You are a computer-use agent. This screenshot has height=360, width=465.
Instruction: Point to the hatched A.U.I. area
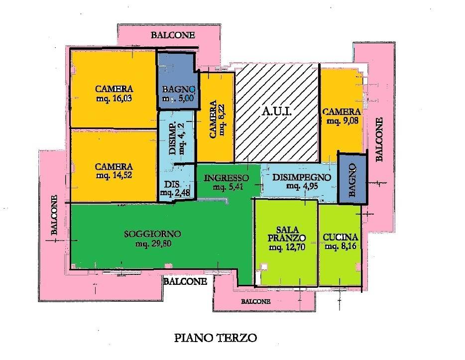277,113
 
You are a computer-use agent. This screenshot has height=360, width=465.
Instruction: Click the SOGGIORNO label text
152,234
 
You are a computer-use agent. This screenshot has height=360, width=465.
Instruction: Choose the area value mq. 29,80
152,244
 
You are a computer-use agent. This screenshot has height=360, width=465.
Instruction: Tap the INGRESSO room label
226,178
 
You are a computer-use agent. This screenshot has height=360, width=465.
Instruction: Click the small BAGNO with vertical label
352,178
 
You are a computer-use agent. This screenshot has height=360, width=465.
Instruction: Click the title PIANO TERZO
216,339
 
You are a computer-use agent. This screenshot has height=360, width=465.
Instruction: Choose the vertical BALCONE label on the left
55,215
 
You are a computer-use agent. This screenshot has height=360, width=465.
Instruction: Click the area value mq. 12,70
286,247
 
